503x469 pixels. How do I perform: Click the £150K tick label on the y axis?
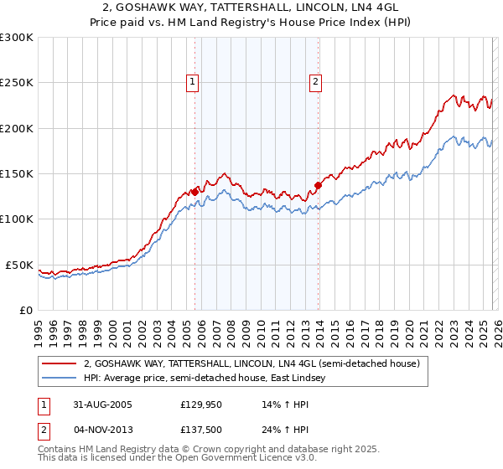(x=17, y=174)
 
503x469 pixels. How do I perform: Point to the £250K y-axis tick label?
(x=17, y=83)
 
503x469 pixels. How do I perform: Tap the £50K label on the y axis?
(x=19, y=265)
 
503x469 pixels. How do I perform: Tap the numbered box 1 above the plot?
(x=193, y=82)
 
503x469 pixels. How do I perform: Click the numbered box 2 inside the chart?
(x=315, y=82)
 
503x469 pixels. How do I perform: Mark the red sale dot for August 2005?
(x=195, y=192)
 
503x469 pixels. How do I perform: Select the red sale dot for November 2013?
(x=318, y=185)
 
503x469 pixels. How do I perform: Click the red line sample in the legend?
(x=60, y=363)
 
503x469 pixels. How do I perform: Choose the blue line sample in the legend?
(x=60, y=379)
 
